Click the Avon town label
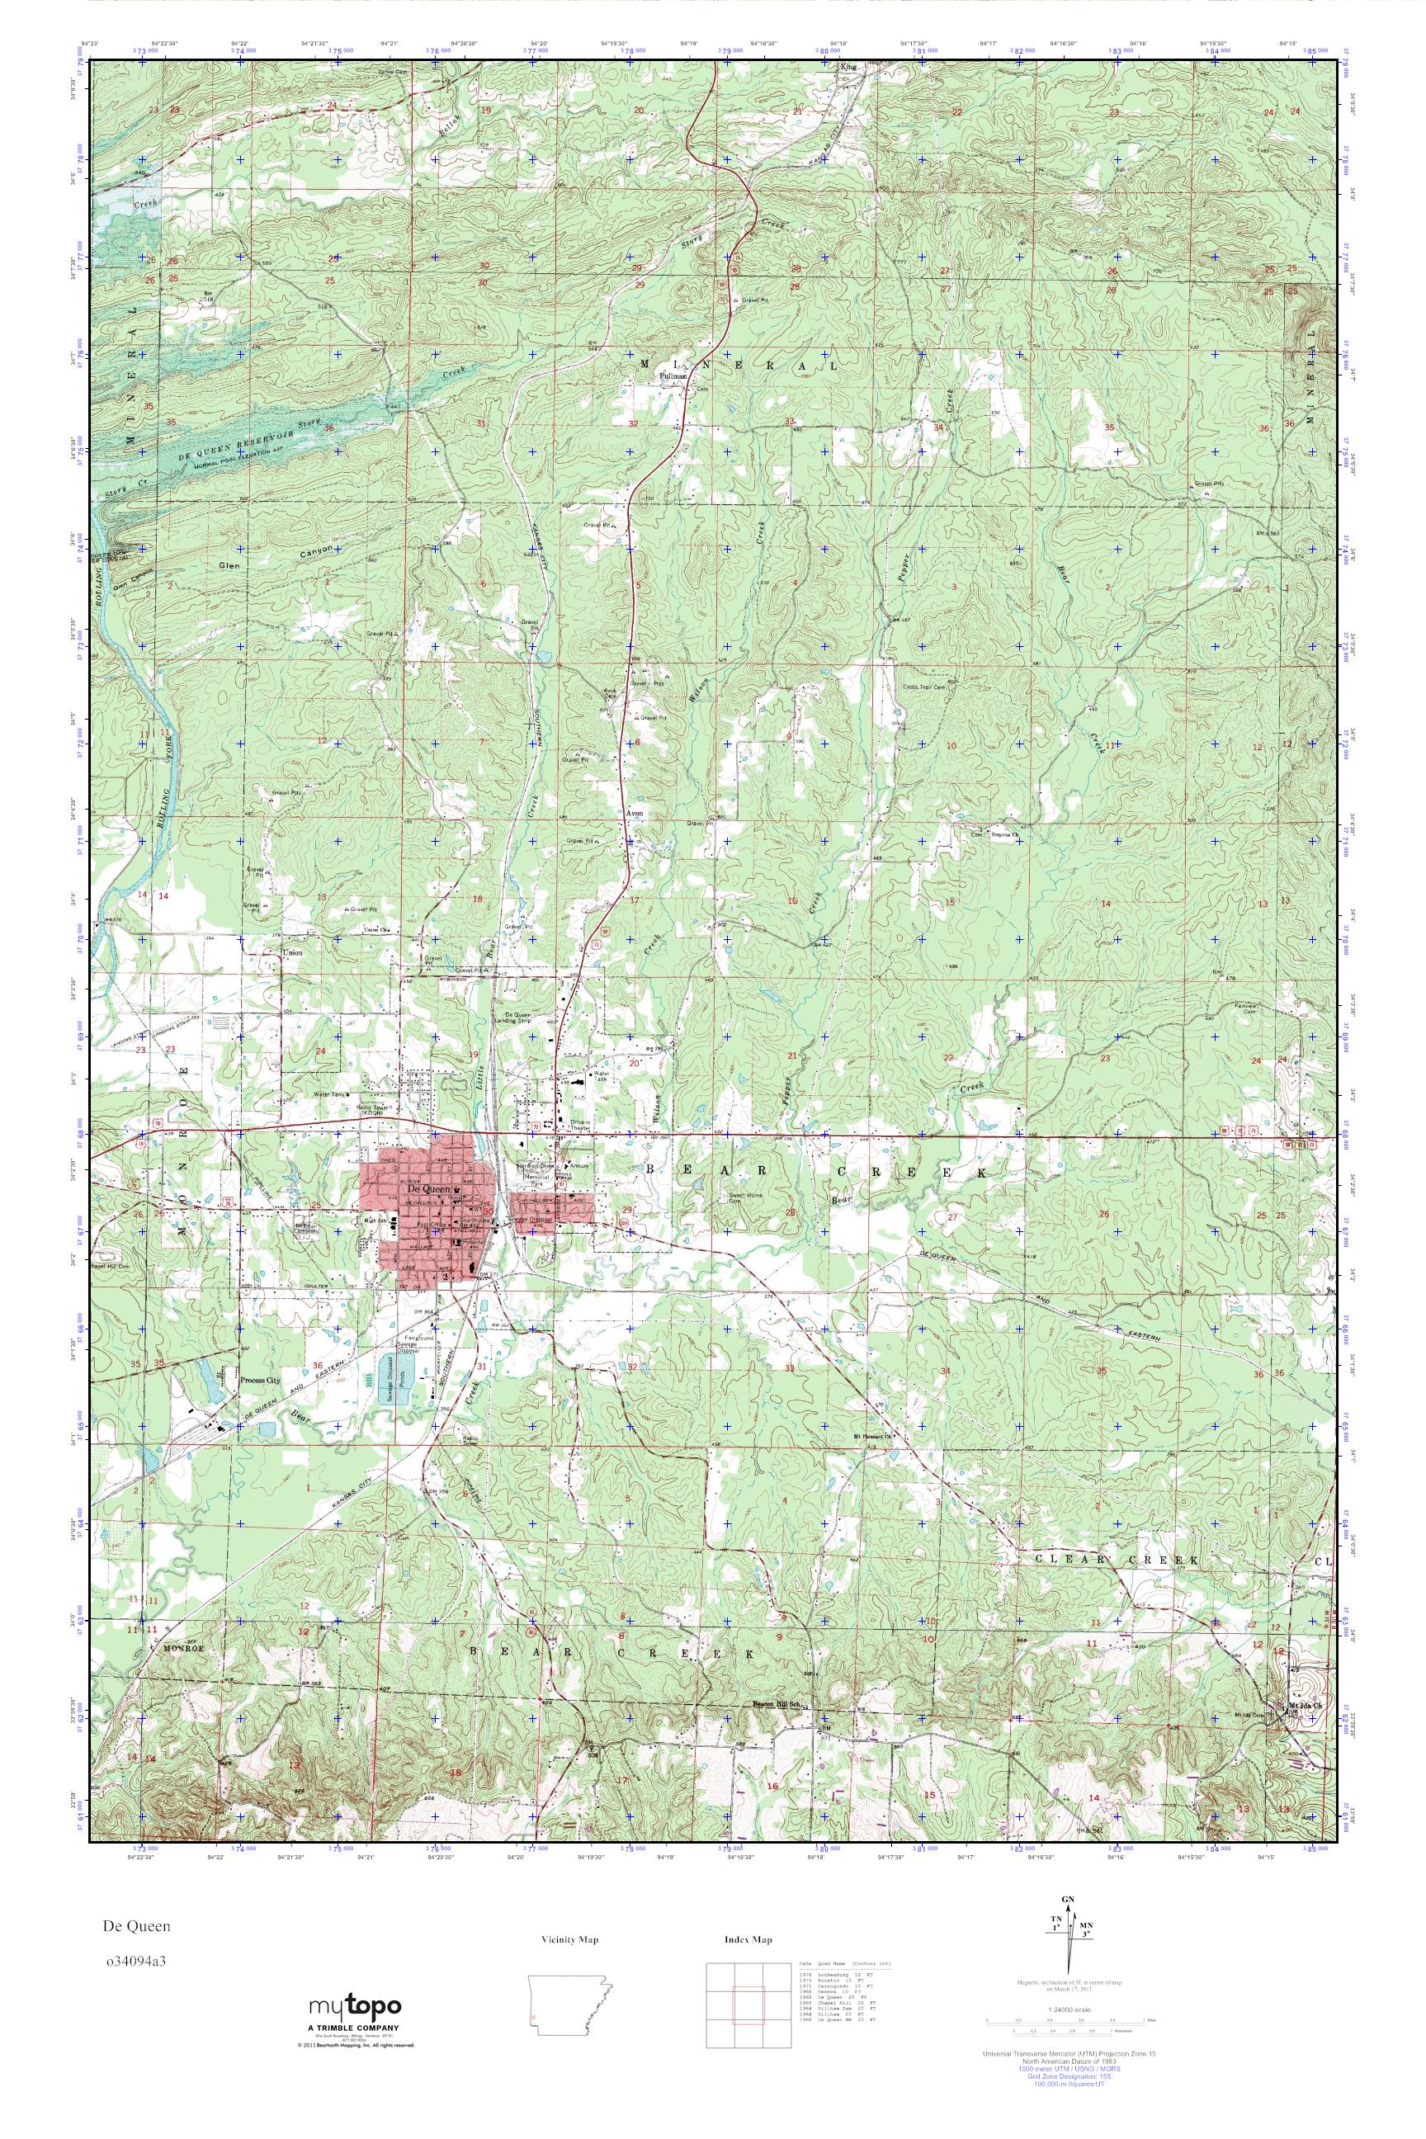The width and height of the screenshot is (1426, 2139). pyautogui.click(x=635, y=814)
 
